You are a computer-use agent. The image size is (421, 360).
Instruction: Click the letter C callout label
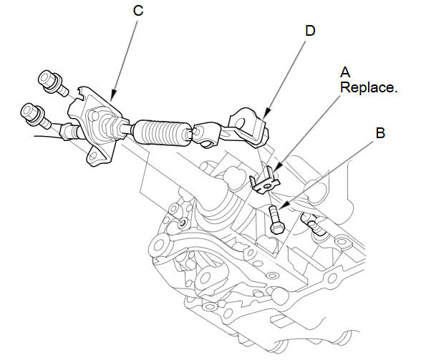(138, 11)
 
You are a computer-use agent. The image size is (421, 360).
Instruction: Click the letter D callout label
(310, 31)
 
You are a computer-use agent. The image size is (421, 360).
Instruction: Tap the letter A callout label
(345, 72)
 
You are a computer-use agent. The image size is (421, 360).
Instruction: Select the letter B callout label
(380, 133)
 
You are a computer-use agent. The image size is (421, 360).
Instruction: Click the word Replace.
(369, 88)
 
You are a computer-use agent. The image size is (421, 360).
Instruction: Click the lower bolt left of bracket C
(36, 115)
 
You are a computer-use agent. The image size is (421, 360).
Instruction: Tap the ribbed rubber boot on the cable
(161, 133)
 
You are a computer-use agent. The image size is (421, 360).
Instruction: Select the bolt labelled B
(276, 220)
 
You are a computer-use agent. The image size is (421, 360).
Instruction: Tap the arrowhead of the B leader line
(283, 206)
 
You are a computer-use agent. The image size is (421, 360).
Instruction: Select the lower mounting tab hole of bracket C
(93, 156)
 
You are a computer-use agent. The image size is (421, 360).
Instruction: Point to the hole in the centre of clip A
(266, 186)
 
